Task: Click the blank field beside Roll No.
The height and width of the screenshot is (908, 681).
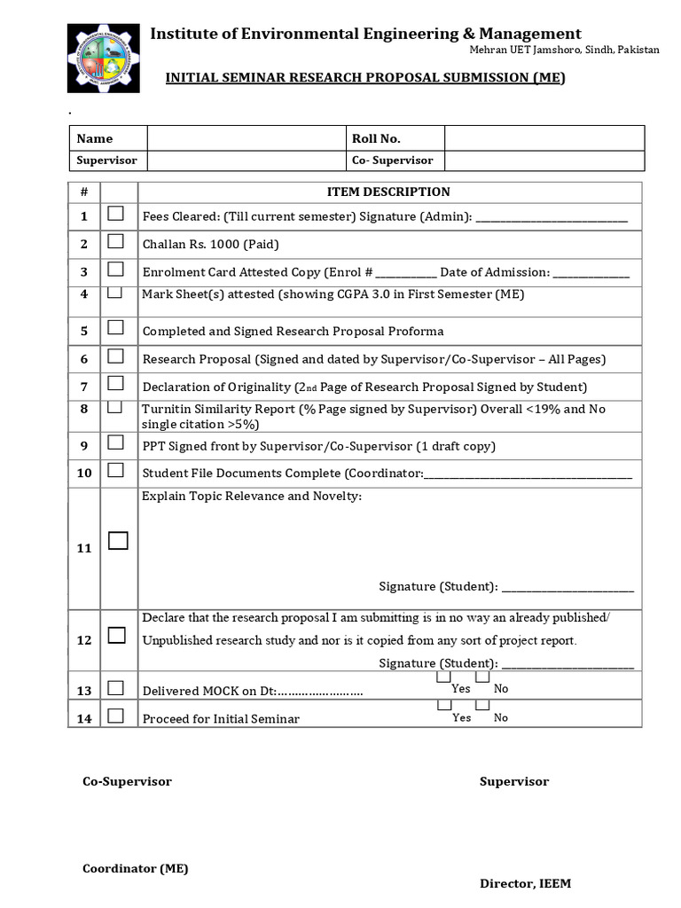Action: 544,138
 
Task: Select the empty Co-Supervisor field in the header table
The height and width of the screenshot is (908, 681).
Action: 544,160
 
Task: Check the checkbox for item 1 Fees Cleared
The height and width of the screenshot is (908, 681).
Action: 116,214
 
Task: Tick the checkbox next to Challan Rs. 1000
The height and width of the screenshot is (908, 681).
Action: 116,242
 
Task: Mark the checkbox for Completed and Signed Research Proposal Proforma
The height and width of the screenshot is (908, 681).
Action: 116,328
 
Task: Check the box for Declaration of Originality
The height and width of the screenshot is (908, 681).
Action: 116,384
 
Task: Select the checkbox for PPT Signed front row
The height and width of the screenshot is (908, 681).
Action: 116,442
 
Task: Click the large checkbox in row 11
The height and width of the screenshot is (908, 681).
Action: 118,541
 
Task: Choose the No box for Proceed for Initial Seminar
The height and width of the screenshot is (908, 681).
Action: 483,706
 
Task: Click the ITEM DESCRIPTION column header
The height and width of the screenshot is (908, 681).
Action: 388,192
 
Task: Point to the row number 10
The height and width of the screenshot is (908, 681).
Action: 84,473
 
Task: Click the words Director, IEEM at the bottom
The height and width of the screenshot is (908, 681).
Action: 525,883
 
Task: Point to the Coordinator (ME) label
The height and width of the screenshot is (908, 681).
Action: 135,869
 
